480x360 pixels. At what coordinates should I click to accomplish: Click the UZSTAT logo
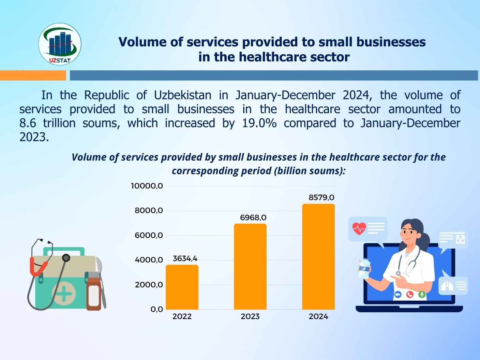click(60, 44)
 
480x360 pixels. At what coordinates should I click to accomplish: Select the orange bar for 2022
click(182, 287)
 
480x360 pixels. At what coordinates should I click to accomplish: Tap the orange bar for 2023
click(250, 267)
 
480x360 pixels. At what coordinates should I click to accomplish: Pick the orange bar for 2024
click(318, 256)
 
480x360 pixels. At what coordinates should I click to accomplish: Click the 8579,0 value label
click(321, 197)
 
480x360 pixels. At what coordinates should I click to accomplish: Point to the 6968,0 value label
click(253, 217)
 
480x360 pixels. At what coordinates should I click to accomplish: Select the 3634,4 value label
click(185, 258)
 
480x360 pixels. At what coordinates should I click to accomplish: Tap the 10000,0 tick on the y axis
click(147, 186)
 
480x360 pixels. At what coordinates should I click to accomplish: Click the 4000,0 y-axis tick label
click(149, 260)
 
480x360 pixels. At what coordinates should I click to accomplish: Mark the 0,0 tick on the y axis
click(157, 309)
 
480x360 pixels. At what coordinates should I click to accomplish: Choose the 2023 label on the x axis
click(250, 316)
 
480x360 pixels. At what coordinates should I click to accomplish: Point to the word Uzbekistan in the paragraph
click(182, 95)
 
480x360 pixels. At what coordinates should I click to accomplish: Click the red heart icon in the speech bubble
click(359, 228)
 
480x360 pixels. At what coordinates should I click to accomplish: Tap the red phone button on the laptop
click(410, 294)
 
